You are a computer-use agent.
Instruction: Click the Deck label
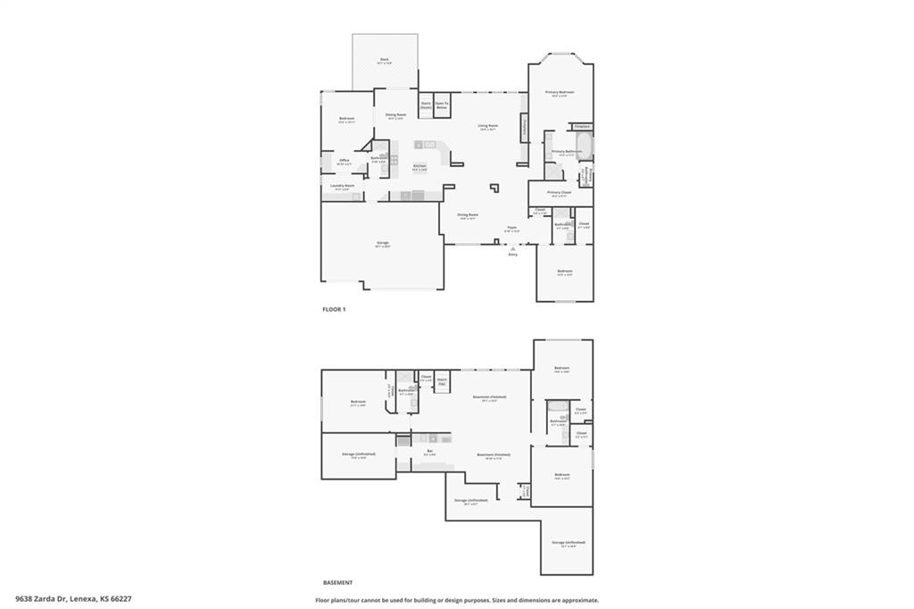384,60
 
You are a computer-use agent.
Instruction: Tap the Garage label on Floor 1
382,243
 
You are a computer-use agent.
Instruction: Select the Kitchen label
420,167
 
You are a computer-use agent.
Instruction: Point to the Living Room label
487,127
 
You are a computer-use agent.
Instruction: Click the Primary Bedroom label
560,93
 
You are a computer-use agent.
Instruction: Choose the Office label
344,162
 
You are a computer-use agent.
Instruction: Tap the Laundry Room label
344,187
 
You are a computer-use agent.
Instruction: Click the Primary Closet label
560,193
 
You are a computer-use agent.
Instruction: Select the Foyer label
512,229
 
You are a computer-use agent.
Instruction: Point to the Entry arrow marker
513,247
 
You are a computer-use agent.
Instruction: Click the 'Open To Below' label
442,105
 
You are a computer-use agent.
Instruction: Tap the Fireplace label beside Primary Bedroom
582,127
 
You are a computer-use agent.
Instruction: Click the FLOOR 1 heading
334,309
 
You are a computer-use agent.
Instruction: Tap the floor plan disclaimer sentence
457,600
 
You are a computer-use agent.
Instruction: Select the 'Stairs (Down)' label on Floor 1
426,105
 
